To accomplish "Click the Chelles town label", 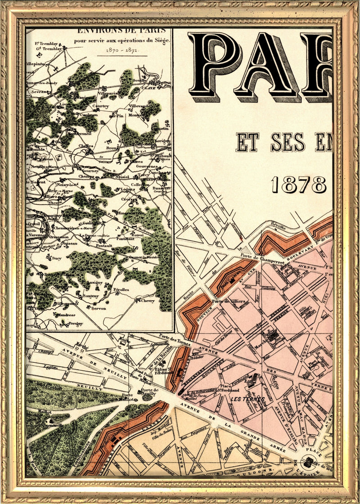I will (x=85, y=146).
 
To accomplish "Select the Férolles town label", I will (x=121, y=289).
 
